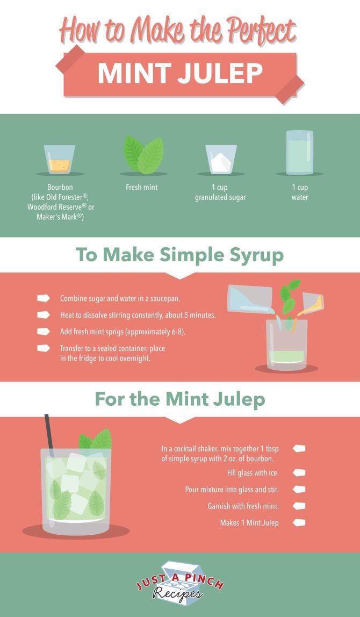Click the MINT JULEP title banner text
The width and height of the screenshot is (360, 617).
pos(180,74)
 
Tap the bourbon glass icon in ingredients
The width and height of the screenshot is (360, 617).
pos(60,159)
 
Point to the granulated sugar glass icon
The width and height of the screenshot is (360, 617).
pos(221,159)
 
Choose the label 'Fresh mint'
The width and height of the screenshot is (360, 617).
pos(142,188)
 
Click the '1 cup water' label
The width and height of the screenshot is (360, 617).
pos(300,192)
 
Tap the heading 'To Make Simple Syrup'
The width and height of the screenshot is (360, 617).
pos(179,255)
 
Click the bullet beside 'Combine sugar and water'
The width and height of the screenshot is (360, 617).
pos(44,298)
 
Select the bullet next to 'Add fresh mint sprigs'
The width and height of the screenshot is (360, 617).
pos(44,332)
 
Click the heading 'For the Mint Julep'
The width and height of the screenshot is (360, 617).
pos(179,399)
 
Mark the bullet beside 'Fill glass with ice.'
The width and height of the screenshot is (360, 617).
pos(299,473)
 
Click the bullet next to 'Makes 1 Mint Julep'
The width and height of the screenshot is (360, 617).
pos(299,522)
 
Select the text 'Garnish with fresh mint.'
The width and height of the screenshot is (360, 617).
pos(243,506)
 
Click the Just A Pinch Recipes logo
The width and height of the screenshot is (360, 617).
pos(179,585)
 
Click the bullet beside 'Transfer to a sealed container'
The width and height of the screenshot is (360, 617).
pos(44,348)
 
